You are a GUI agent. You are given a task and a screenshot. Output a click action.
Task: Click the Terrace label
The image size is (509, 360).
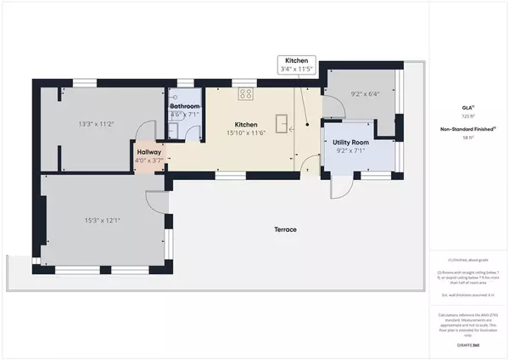point(284,230)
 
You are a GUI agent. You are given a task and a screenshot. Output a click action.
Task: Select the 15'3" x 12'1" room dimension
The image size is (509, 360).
point(103,221)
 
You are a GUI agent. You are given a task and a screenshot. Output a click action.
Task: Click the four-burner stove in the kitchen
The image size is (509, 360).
point(247,94)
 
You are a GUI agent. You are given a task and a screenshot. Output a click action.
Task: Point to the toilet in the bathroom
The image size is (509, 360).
point(172,129)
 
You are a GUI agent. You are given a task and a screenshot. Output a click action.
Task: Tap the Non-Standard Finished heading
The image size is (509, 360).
point(467,129)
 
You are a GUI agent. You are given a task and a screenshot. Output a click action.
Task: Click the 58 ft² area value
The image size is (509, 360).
point(467,137)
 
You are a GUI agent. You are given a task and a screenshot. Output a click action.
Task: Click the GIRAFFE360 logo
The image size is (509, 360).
point(467,339)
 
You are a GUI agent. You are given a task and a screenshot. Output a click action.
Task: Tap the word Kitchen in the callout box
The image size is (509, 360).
point(296,62)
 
